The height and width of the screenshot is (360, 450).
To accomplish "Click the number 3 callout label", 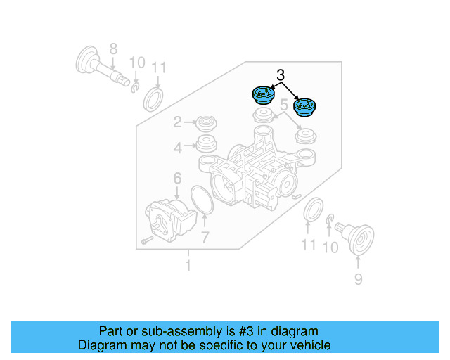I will click(x=281, y=75).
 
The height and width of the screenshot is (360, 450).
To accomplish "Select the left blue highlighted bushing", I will click(x=263, y=95).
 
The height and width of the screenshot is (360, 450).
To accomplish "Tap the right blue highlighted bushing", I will click(x=304, y=108).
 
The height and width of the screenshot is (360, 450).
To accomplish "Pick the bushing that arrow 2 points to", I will click(x=206, y=124).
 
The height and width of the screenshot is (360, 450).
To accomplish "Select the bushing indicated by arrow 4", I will click(x=206, y=147).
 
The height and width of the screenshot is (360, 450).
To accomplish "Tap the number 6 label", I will click(x=177, y=179).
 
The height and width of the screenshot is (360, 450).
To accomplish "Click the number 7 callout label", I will click(x=205, y=237).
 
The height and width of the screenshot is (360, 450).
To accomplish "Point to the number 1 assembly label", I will click(x=188, y=265).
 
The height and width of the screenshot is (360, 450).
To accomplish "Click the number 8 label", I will click(x=112, y=49).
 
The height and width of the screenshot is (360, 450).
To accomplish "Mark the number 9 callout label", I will click(x=358, y=280).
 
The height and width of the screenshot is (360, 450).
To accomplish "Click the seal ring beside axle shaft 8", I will click(x=154, y=99).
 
